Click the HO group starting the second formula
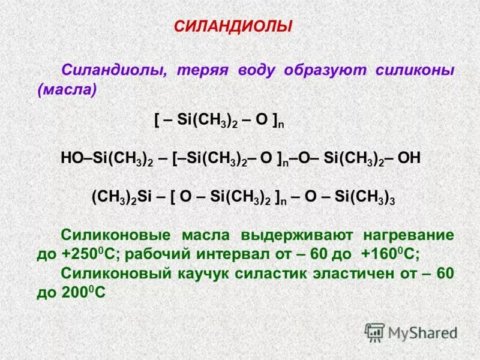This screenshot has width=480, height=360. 71,158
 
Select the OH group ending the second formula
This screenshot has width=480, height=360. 410,158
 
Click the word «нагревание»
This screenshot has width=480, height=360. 408,235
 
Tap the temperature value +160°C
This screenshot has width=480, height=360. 391,254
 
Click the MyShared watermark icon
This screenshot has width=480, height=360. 375,332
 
